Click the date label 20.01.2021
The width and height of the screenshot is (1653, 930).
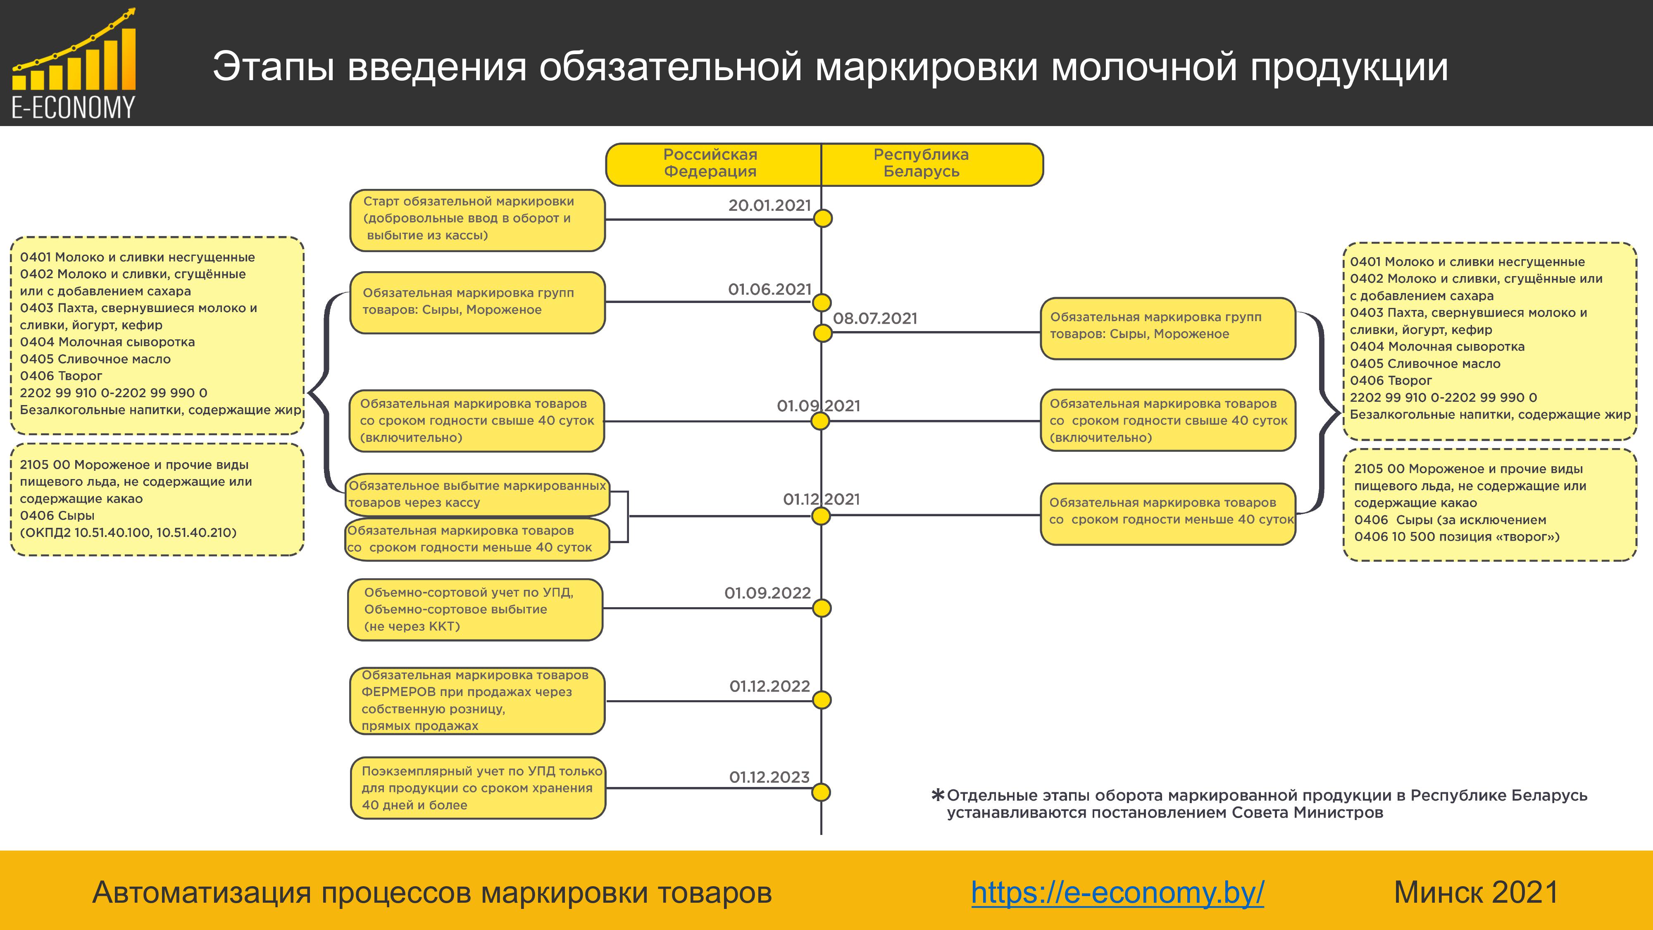[769, 205]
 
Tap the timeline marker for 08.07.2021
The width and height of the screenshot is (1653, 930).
[823, 333]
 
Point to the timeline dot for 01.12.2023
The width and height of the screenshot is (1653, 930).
[822, 792]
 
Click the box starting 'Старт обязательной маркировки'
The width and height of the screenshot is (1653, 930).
[477, 219]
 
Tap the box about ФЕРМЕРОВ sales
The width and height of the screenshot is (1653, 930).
[477, 700]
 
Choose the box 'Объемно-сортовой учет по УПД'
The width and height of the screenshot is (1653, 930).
[475, 610]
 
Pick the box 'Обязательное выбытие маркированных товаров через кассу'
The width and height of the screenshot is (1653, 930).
[477, 494]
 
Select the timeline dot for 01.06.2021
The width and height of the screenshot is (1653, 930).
[822, 302]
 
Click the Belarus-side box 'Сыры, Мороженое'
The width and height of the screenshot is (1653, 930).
[1168, 328]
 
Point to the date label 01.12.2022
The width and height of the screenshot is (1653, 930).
[769, 686]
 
